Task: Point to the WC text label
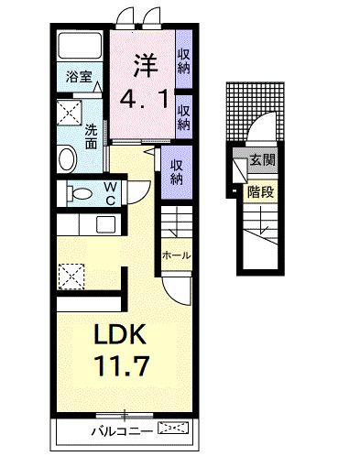109,193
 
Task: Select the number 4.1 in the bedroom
141,98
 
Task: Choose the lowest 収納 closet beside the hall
177,171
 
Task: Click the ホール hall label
175,255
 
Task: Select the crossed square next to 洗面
71,114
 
